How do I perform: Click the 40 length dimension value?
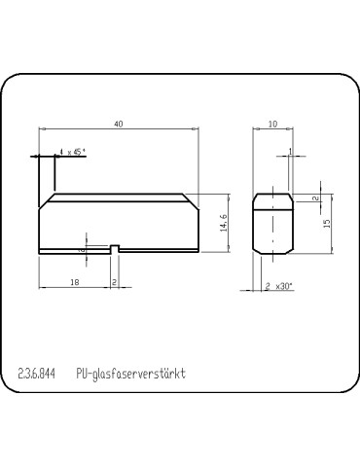point(118,124)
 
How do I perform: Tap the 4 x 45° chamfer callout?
point(73,152)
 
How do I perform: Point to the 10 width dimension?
point(272,124)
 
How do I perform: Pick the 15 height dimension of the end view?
point(327,223)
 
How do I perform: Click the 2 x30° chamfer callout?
point(280,286)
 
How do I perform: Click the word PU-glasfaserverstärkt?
point(129,374)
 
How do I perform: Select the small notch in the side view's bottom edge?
point(115,249)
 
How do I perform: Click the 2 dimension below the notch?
point(115,282)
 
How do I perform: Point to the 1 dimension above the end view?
point(290,151)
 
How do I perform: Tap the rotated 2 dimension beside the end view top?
point(314,198)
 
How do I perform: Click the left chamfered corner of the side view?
point(45,198)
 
